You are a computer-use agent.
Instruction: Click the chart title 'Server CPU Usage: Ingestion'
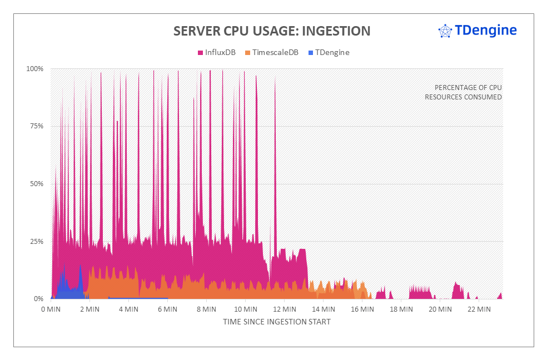tap(272, 31)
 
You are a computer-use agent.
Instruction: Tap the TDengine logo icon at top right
tap(445, 31)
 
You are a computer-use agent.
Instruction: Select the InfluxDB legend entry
tap(217, 53)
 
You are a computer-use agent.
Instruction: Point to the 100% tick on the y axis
tap(35, 69)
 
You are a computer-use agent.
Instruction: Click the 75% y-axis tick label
tap(36, 126)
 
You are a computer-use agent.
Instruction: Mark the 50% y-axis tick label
tap(36, 184)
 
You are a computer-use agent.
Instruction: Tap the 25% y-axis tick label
tap(36, 242)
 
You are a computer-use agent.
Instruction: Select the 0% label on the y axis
tap(38, 299)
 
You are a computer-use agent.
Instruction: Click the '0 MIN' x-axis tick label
tap(51, 309)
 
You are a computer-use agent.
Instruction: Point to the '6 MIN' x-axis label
tap(167, 309)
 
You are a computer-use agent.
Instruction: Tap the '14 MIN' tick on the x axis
tap(323, 309)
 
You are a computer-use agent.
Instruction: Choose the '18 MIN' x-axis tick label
tap(401, 309)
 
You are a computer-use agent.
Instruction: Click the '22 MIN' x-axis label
tap(479, 309)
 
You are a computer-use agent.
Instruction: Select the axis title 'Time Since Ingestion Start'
tap(276, 322)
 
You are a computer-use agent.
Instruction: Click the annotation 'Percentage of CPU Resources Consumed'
tap(463, 92)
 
